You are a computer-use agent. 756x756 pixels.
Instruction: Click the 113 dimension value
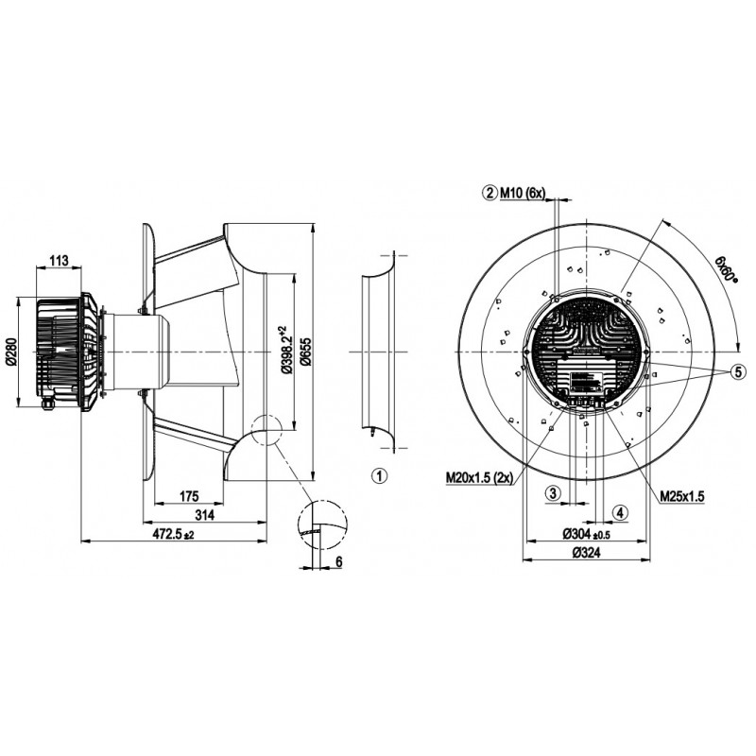pos(60,261)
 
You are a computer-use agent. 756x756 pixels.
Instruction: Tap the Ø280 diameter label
pos(12,351)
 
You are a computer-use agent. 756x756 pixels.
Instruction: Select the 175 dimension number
pos(189,495)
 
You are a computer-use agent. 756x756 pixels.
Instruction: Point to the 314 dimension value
pos(205,515)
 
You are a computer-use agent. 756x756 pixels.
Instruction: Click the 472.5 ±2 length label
pos(173,534)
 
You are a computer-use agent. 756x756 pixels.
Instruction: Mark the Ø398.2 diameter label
pos(285,350)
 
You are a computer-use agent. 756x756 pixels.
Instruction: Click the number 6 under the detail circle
pos(338,561)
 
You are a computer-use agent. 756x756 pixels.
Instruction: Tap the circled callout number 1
pos(380,476)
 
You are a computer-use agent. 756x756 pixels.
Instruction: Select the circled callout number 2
pos(490,194)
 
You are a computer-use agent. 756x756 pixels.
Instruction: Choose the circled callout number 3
pos(554,493)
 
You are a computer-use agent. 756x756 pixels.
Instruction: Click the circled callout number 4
pos(620,512)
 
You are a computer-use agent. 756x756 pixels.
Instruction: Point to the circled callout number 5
pos(738,371)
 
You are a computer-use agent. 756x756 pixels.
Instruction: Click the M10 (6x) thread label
pos(523,194)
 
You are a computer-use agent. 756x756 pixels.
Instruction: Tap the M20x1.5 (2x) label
pos(480,477)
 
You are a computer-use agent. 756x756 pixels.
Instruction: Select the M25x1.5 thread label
pos(682,495)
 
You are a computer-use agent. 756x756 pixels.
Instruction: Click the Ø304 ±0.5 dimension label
pos(586,534)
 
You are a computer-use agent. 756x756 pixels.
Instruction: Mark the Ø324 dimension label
pos(586,553)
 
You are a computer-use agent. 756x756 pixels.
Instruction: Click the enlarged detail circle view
pos(322,524)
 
